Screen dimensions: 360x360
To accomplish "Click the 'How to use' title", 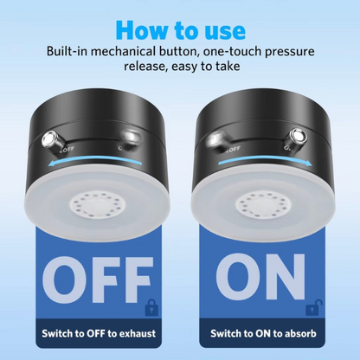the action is (181, 30).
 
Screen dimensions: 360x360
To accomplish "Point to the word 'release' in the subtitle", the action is (145, 67).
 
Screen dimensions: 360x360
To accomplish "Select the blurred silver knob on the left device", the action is (131, 138).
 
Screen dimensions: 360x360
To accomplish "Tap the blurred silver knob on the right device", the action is (216, 139).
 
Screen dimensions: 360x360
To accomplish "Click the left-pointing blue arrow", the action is (95, 162).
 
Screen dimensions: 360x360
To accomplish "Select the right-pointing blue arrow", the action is (265, 162).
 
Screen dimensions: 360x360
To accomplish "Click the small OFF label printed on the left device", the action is (68, 149).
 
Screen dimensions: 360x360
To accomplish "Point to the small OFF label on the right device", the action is (235, 149).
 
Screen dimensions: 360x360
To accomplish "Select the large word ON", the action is (260, 277).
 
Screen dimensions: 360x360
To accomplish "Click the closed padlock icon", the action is (151, 307).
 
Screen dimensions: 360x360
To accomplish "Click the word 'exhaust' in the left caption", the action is (138, 333).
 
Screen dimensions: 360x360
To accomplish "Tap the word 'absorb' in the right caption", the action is (300, 333).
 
